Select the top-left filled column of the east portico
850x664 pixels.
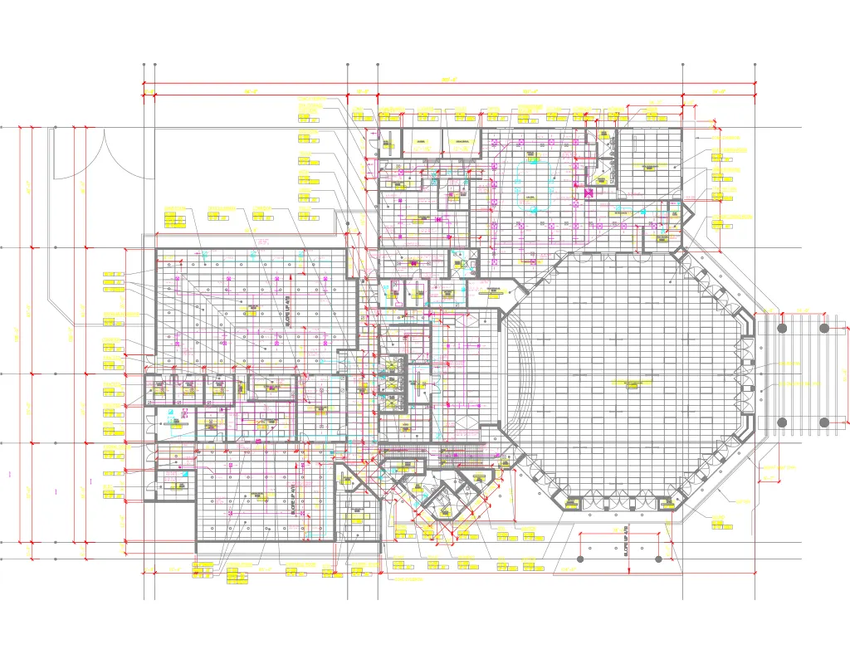781,328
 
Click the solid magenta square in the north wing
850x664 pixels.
589,193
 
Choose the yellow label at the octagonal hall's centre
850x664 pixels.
628,383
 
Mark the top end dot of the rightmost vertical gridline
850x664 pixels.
755,64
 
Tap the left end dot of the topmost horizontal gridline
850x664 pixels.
2,128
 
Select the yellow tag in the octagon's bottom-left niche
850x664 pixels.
571,501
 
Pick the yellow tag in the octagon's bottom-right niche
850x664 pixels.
667,501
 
